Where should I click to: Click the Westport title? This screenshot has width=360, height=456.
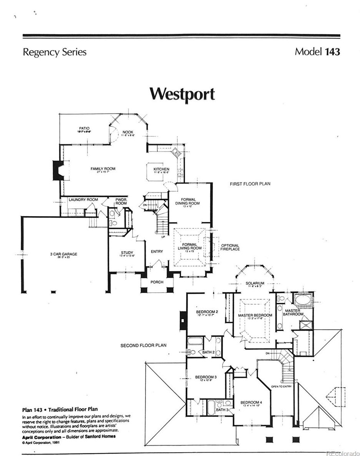[182, 94]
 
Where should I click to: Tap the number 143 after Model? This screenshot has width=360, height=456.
[332, 52]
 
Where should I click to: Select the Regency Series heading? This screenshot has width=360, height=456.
[54, 52]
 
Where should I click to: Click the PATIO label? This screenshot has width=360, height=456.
[84, 128]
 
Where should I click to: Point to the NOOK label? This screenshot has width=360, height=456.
[128, 132]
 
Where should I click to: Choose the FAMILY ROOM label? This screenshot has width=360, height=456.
[103, 169]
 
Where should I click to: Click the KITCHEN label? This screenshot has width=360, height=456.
[161, 169]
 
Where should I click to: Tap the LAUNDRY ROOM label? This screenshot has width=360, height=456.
[83, 200]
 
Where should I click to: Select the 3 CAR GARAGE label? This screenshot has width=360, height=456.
[64, 254]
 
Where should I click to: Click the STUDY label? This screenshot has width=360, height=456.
[127, 253]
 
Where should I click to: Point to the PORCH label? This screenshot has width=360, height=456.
[157, 282]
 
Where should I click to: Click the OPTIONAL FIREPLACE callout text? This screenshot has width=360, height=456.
[230, 247]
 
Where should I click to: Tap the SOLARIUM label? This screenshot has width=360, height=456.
[255, 284]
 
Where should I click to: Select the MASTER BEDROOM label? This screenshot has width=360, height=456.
[255, 315]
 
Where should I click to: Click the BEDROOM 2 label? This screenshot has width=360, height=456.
[207, 311]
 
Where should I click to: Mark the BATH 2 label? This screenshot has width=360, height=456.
[208, 352]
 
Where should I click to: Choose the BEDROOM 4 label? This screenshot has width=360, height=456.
[251, 402]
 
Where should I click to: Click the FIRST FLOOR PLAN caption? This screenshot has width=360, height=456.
[250, 184]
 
